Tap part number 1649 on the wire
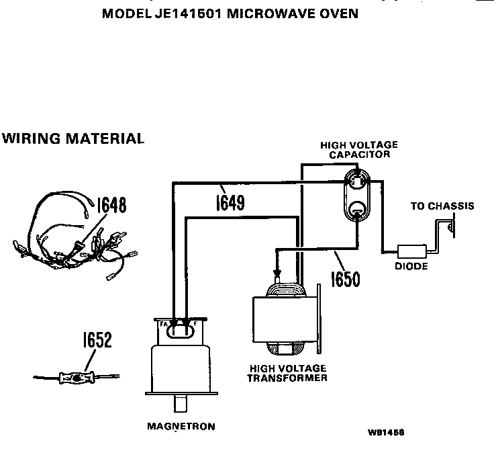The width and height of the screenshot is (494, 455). [230, 202]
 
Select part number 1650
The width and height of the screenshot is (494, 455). [345, 278]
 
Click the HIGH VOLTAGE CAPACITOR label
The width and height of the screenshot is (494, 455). [359, 149]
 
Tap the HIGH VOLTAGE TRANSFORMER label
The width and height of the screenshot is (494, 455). [288, 373]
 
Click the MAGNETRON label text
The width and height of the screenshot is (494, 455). [181, 426]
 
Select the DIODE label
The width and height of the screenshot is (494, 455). [410, 265]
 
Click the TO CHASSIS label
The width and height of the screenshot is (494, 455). [442, 206]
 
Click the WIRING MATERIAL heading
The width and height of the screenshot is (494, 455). [73, 139]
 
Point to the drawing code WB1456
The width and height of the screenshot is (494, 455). [385, 433]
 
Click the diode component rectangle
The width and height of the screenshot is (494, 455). [410, 252]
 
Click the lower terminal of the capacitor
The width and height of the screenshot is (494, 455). [357, 210]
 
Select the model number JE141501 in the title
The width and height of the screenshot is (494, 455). [184, 13]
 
